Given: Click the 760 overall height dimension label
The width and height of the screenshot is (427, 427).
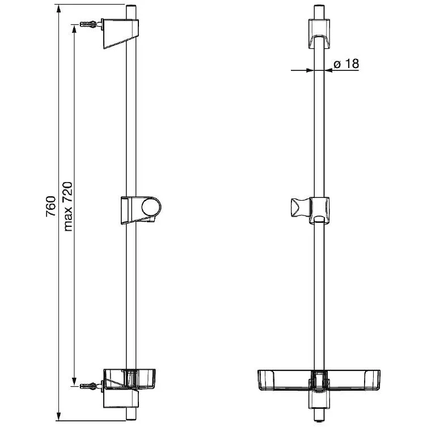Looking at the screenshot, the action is (51, 206).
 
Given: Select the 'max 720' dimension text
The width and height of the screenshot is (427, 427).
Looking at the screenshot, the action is (68, 206).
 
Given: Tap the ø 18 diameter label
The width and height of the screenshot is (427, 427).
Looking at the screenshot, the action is (346, 64).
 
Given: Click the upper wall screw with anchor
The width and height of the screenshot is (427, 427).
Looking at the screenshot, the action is (88, 24).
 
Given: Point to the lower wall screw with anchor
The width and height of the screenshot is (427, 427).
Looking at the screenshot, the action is (88, 386).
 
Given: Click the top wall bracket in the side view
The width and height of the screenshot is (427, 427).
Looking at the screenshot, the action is (120, 33).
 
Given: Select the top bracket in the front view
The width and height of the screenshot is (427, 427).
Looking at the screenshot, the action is (319, 34).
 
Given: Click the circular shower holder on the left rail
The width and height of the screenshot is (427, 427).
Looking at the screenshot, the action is (151, 206).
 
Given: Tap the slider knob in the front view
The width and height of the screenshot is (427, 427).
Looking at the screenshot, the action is (300, 208).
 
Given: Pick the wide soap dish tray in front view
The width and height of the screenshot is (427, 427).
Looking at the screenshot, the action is (319, 380).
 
